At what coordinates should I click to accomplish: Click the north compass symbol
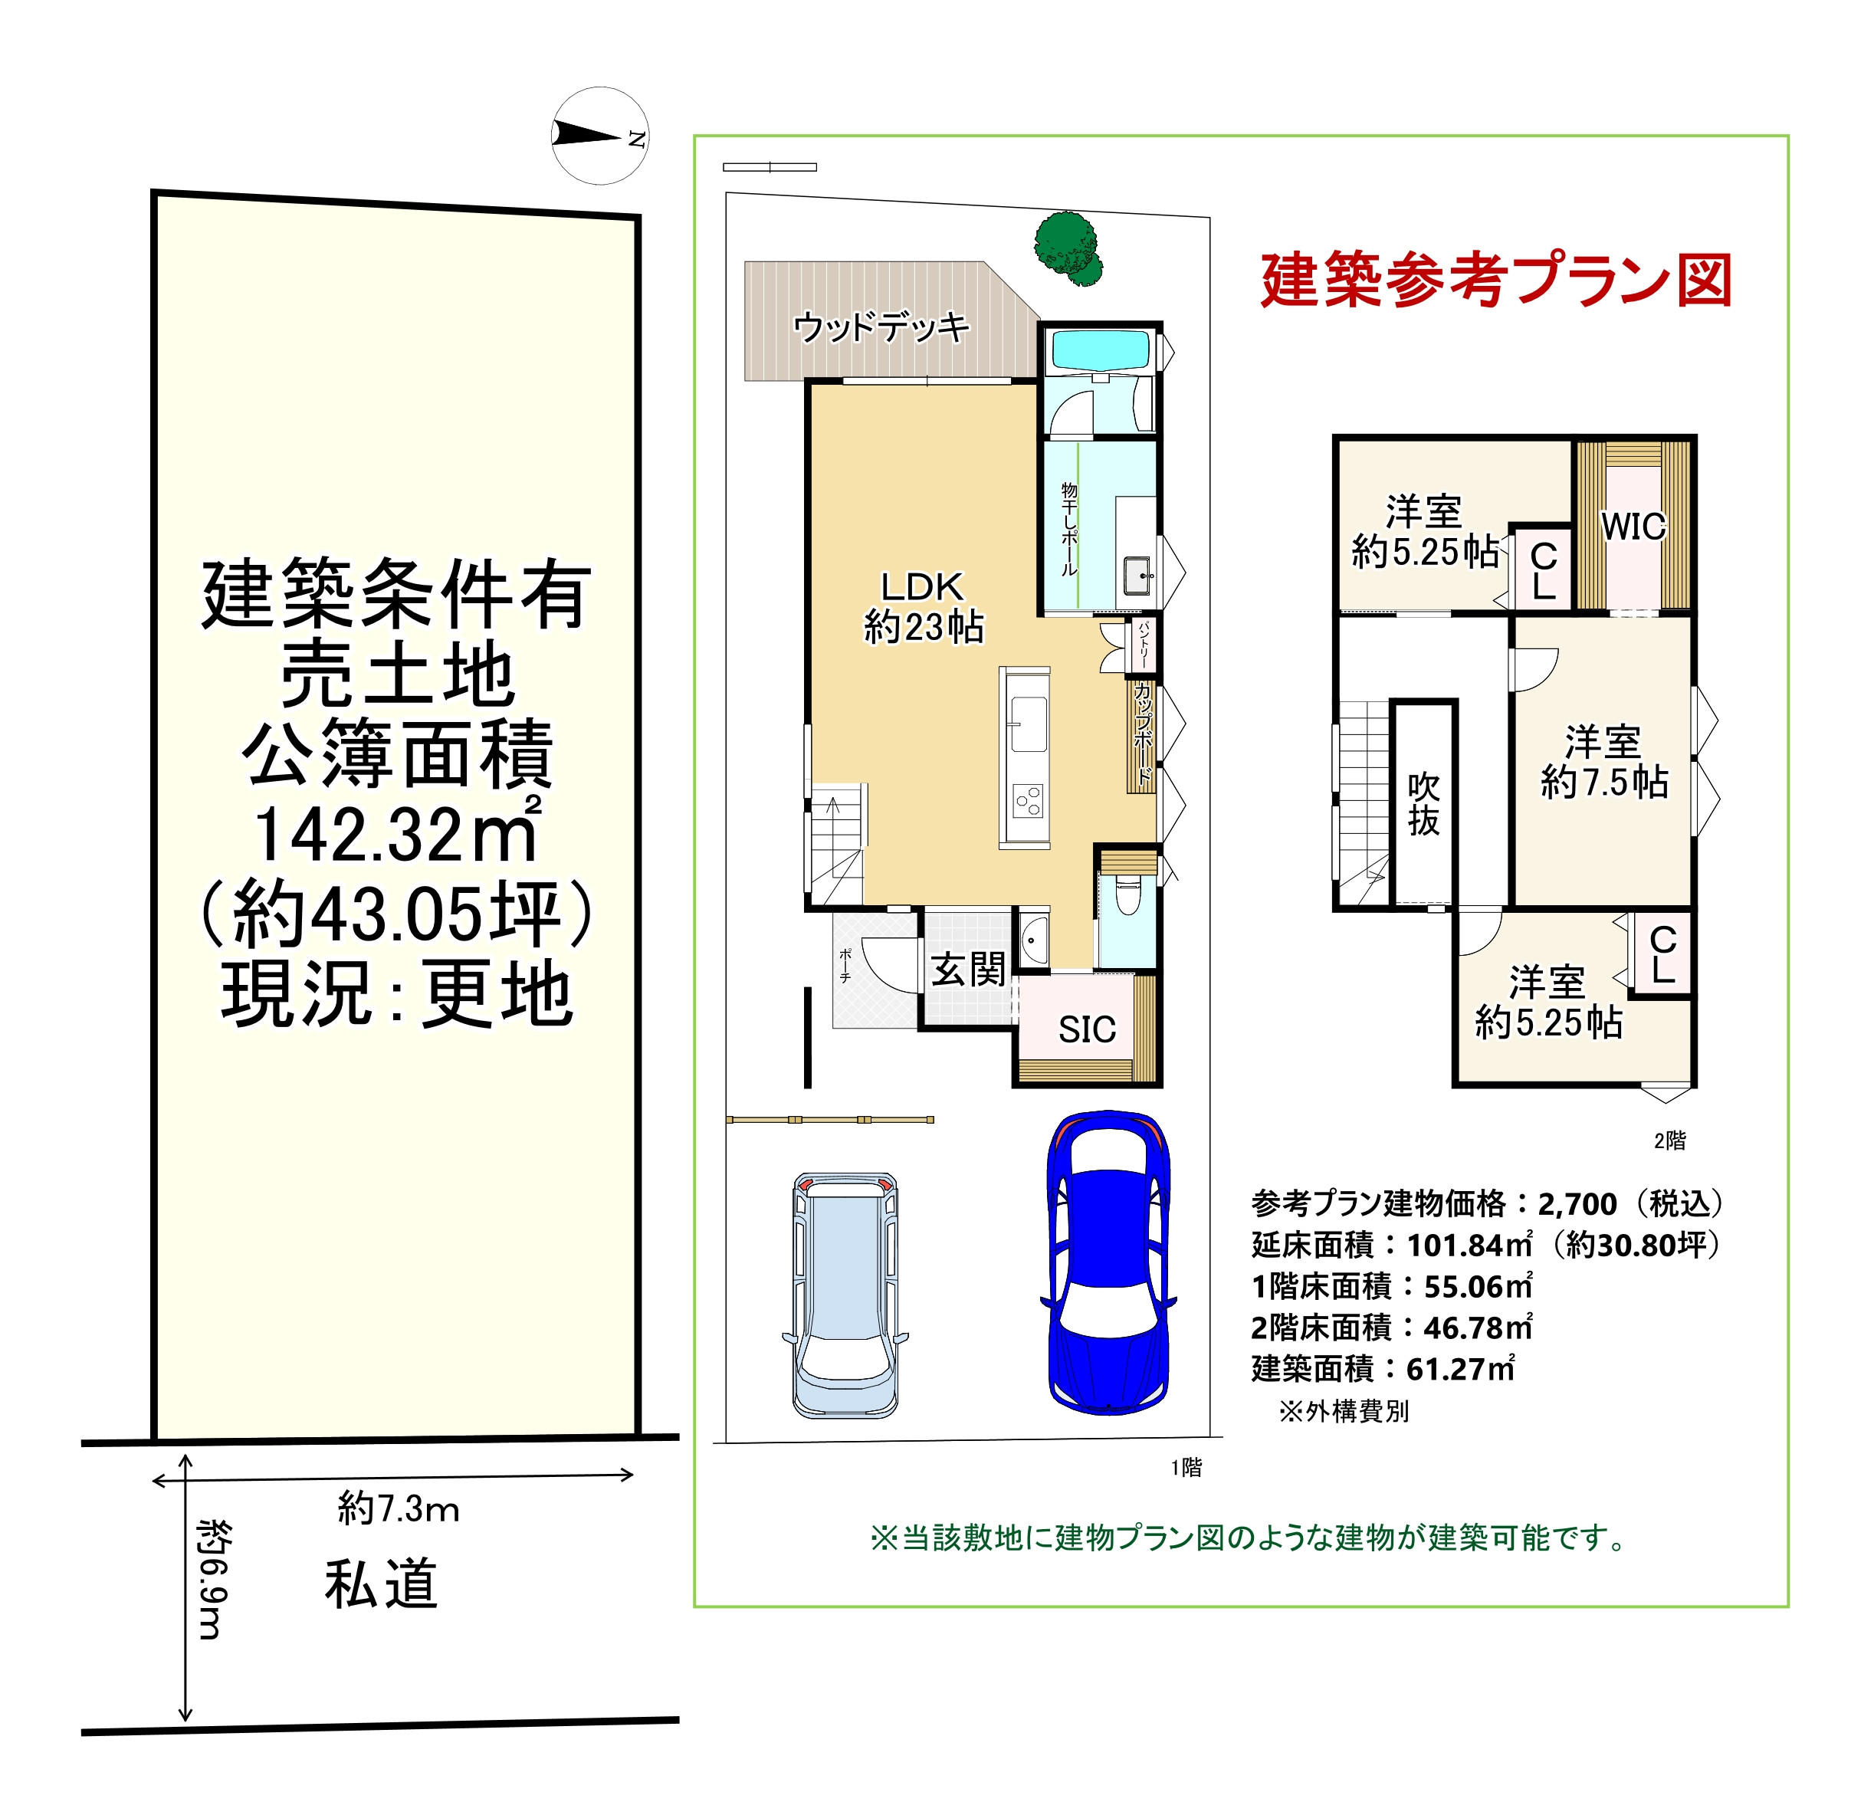(x=600, y=136)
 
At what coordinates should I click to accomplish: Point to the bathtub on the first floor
(x=1100, y=351)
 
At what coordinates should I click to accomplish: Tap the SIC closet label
(x=1087, y=1030)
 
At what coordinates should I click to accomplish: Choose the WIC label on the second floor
(x=1633, y=527)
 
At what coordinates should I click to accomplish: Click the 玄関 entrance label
(x=969, y=970)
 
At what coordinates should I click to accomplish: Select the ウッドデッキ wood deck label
(x=881, y=327)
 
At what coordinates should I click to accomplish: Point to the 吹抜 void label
(x=1423, y=804)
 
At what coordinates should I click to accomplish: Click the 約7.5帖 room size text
(x=1604, y=783)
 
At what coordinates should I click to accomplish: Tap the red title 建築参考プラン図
(x=1496, y=281)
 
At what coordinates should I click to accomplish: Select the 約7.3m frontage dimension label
(x=399, y=1509)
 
